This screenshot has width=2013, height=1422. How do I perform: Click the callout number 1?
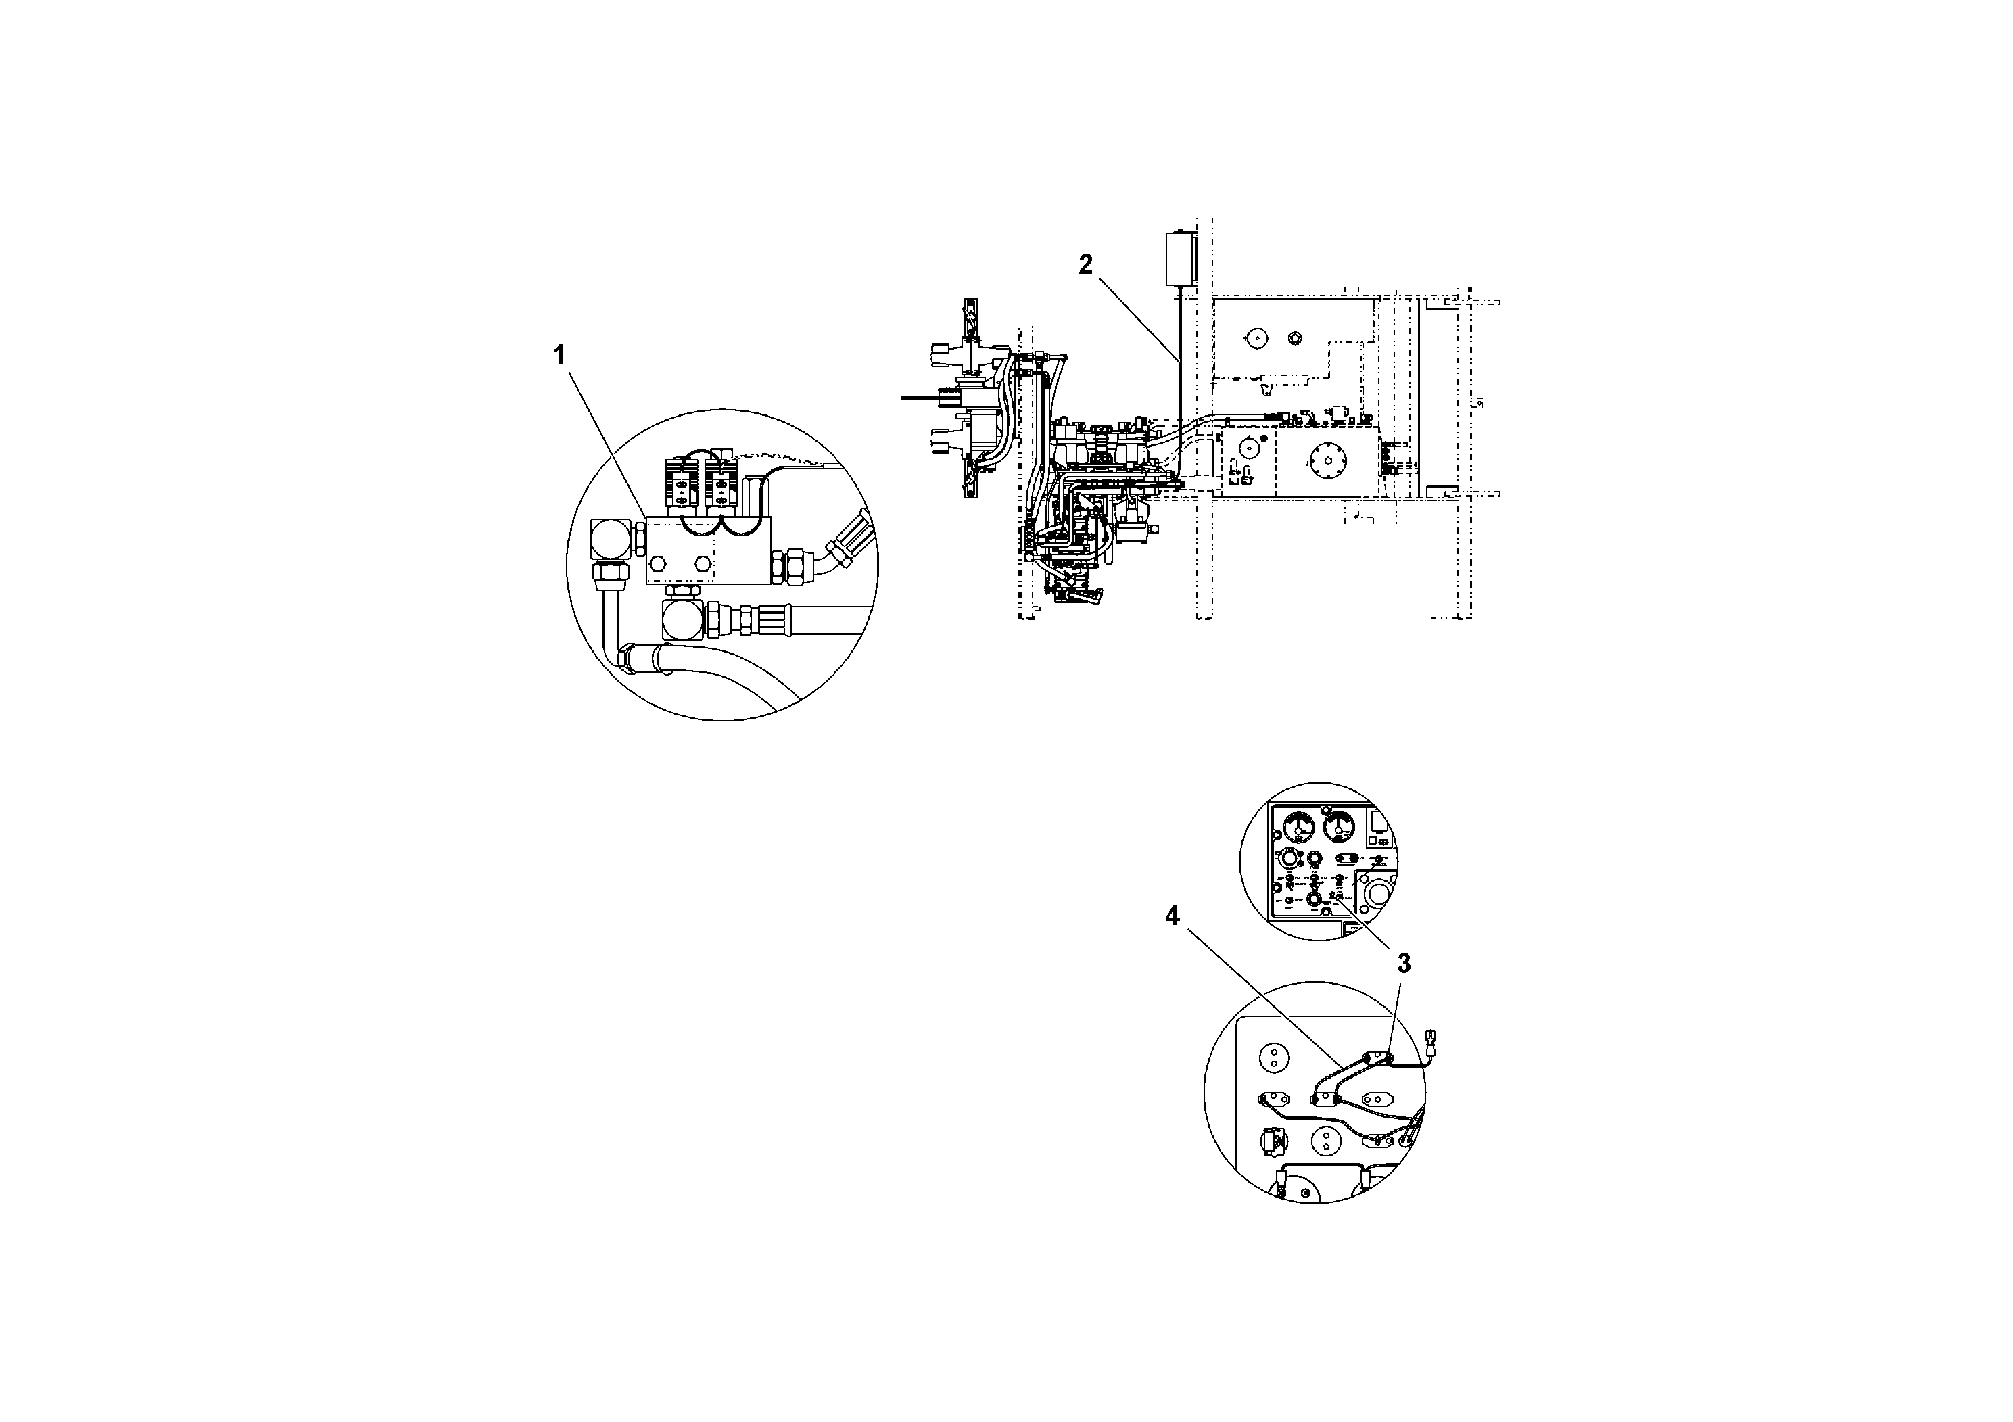click(559, 356)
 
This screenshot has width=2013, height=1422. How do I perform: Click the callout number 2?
click(1085, 264)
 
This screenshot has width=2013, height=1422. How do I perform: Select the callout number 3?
click(1404, 964)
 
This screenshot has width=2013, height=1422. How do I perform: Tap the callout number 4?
click(1173, 916)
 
